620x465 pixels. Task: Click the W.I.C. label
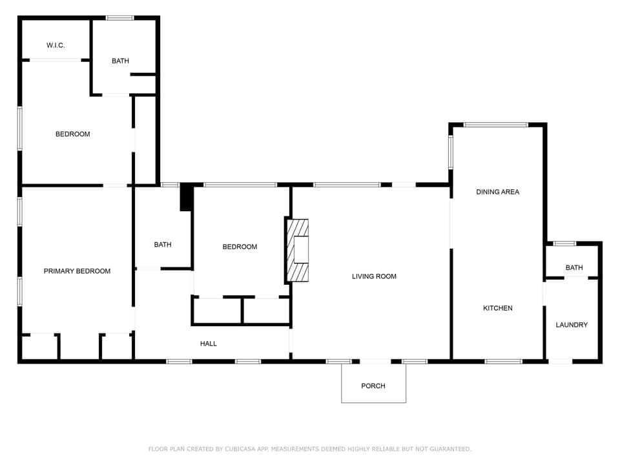click(56, 45)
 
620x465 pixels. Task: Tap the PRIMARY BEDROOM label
click(77, 271)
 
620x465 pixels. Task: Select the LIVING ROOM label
click(374, 276)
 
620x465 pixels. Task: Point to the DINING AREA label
click(497, 192)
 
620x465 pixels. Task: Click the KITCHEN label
click(498, 308)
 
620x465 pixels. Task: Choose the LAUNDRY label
click(572, 325)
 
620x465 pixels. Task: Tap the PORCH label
click(373, 386)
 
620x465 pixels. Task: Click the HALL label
click(209, 344)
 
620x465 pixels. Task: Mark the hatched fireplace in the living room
click(297, 250)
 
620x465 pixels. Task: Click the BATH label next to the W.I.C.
click(120, 61)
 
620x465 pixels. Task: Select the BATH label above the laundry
click(574, 267)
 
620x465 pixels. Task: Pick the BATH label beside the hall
click(163, 245)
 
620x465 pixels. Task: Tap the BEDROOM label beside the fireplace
click(240, 247)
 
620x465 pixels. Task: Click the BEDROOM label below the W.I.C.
click(72, 134)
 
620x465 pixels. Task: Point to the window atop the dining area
click(496, 125)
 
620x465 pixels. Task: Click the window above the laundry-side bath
click(565, 243)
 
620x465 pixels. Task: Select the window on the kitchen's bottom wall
click(503, 361)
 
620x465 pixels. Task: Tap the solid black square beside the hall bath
click(186, 198)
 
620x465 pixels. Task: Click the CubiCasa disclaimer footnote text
click(310, 449)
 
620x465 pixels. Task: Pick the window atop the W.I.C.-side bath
click(120, 18)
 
